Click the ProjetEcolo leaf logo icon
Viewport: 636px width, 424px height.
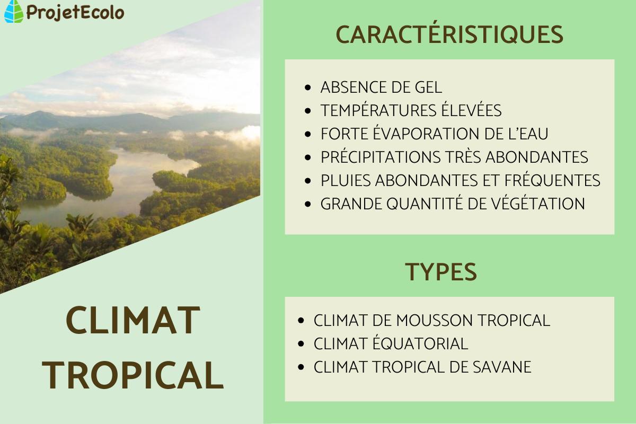(14, 11)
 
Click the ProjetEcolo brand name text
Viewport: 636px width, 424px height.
(75, 12)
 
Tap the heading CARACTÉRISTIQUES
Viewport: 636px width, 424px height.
(449, 35)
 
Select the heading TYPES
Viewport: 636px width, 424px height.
(441, 272)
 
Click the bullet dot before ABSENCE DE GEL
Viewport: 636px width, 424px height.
(309, 88)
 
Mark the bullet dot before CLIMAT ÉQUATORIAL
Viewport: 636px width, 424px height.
(302, 344)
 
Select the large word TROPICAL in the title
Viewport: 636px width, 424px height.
(132, 375)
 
